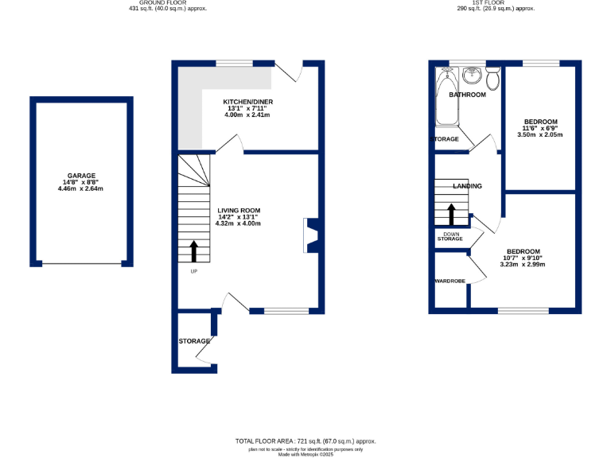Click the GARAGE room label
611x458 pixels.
81,175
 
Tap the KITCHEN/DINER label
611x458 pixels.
246,102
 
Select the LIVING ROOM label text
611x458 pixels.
238,210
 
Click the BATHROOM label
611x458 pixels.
467,95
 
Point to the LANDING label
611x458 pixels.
467,186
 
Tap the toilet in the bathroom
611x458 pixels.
492,78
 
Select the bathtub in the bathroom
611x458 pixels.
444,99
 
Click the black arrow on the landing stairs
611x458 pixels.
452,215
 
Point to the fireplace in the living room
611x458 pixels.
310,235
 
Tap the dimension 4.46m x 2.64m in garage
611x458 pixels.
81,188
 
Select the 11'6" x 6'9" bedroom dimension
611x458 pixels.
540,128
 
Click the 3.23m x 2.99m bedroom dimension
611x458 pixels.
523,264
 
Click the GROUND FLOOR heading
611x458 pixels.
162,2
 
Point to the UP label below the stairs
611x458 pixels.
193,271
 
